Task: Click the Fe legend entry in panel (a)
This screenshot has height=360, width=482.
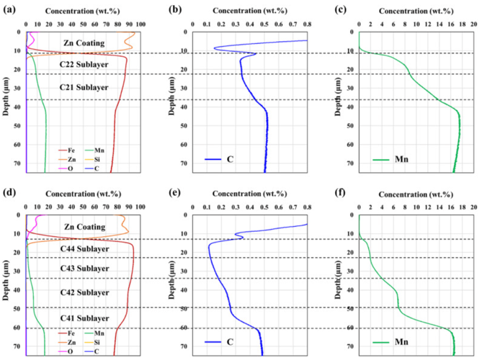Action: [x=68, y=150]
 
